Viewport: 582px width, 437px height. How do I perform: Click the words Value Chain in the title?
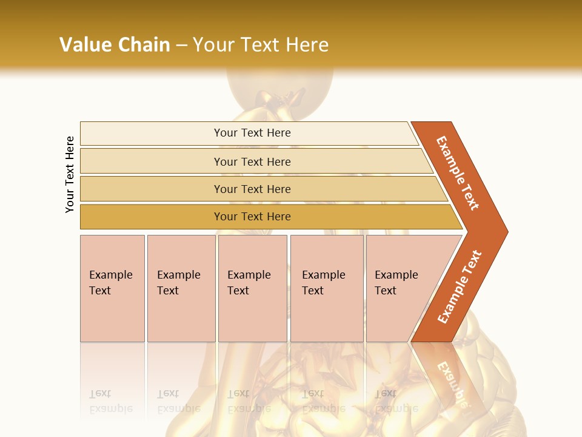[115, 44]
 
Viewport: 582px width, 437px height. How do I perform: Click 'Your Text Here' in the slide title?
[261, 44]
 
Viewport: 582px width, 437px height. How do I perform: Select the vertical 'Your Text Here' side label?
[70, 174]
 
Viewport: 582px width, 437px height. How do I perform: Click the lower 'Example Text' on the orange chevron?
[460, 287]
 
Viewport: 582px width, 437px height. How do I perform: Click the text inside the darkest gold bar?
[252, 217]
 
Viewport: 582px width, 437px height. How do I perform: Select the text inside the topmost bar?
[252, 133]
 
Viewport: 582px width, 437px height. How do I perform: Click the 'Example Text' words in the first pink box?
[110, 283]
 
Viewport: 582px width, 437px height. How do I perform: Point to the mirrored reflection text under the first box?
[110, 401]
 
